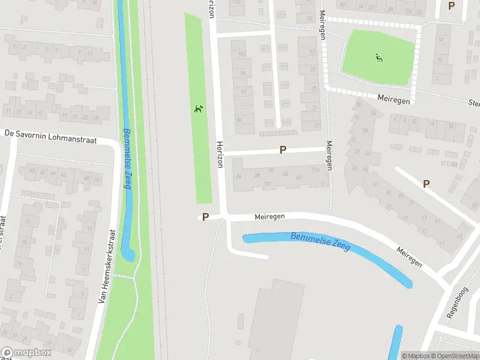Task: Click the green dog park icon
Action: coord(199,109)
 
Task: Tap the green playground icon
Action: coord(379,58)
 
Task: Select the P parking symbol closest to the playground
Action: coord(451,5)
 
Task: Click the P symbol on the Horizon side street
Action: coord(282,149)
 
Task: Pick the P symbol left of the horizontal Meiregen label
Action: coord(205,217)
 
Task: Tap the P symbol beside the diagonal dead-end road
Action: coord(426,184)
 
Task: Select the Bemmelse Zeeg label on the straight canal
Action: coord(127,158)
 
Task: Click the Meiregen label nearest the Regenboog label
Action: coord(408,256)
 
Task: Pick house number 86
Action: coord(239,119)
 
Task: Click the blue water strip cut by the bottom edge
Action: coord(395,343)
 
